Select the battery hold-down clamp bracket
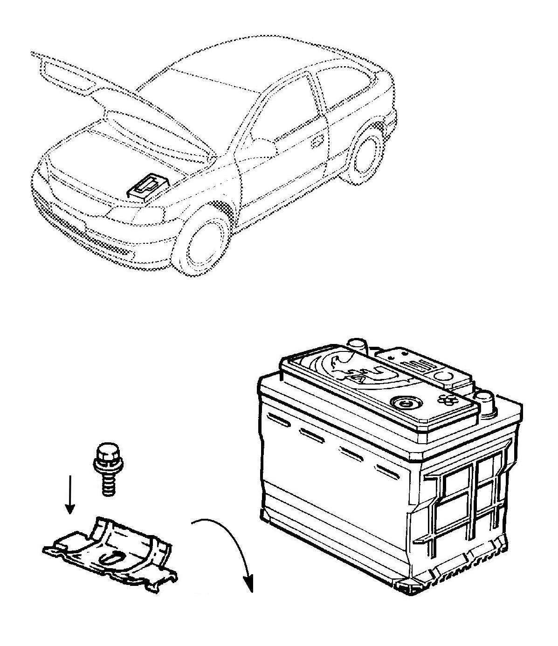coord(112,550)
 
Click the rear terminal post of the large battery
coord(358,347)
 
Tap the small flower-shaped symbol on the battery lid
coord(447,399)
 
